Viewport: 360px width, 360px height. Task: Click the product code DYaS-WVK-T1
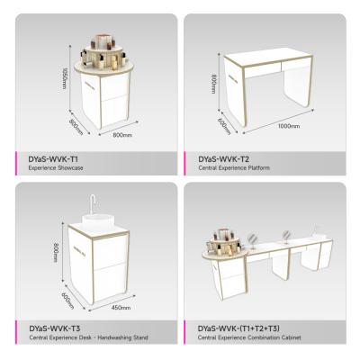tap(45, 158)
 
